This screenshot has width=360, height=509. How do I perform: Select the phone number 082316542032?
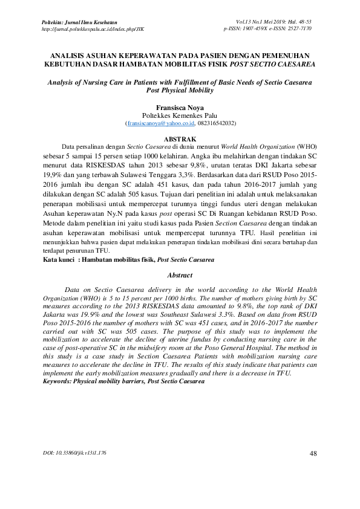215,123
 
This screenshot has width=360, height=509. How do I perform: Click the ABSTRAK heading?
180,138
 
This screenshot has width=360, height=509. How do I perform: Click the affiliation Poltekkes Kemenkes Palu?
180,115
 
